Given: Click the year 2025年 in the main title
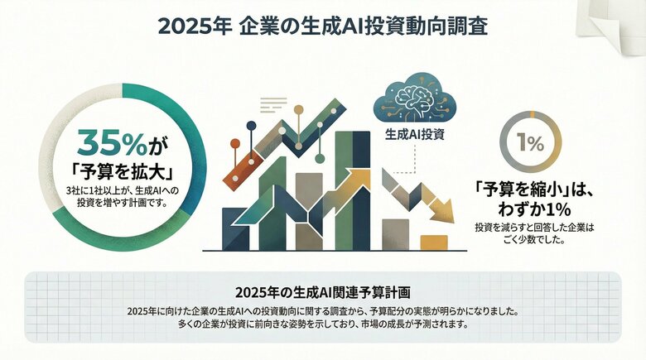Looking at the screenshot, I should [x=193, y=26].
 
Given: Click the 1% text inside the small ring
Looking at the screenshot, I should [x=530, y=143].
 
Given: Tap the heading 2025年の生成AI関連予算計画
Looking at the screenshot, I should [x=323, y=293].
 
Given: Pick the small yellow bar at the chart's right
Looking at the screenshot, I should [x=434, y=242].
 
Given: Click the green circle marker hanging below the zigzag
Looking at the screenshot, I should [x=319, y=158].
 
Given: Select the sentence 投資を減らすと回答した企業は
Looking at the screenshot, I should [x=534, y=227].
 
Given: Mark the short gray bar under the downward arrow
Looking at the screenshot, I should [x=395, y=233].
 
